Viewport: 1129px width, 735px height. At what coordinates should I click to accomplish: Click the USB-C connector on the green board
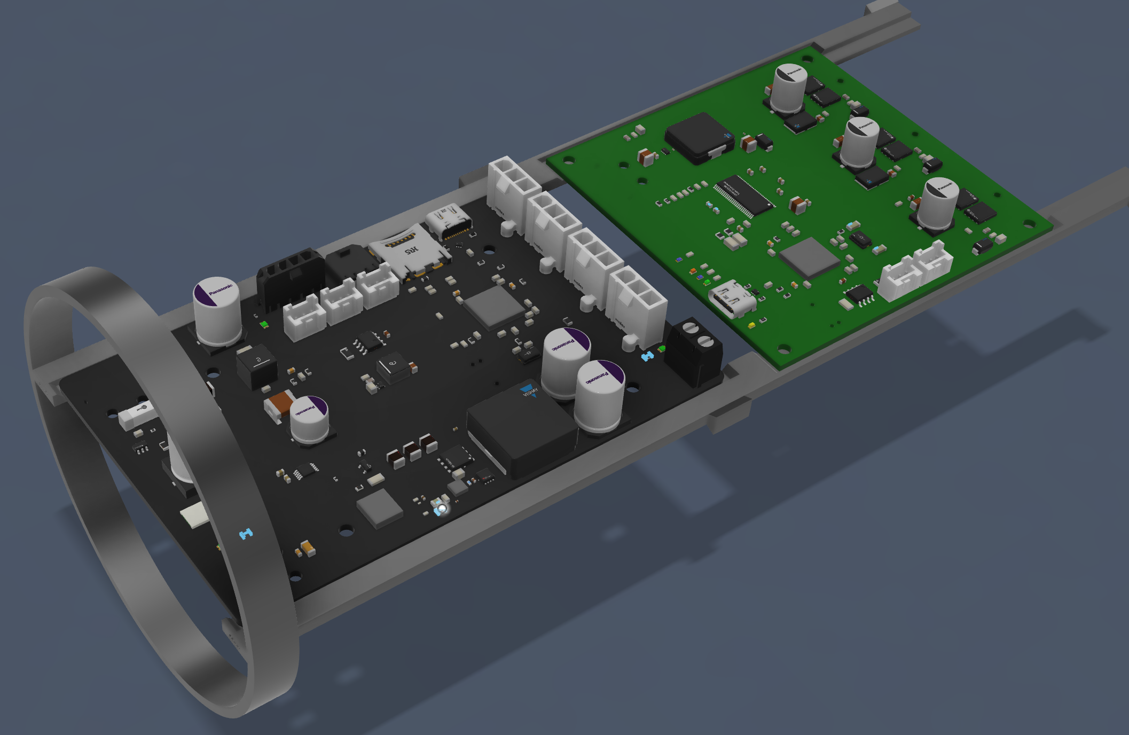pyautogui.click(x=731, y=300)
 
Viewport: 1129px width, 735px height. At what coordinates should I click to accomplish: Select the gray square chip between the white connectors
pyautogui.click(x=493, y=307)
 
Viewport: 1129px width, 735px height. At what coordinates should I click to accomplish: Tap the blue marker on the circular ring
pyautogui.click(x=246, y=533)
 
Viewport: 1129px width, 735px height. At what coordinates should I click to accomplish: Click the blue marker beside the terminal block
pyautogui.click(x=647, y=356)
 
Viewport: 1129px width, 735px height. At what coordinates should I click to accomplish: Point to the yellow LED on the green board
pyautogui.click(x=751, y=324)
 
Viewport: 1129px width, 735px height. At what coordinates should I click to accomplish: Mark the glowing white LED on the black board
pyautogui.click(x=441, y=507)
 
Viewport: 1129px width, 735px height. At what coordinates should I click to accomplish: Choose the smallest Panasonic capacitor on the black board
pyautogui.click(x=309, y=420)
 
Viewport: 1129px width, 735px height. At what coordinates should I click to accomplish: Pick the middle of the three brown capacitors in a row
pyautogui.click(x=412, y=451)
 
